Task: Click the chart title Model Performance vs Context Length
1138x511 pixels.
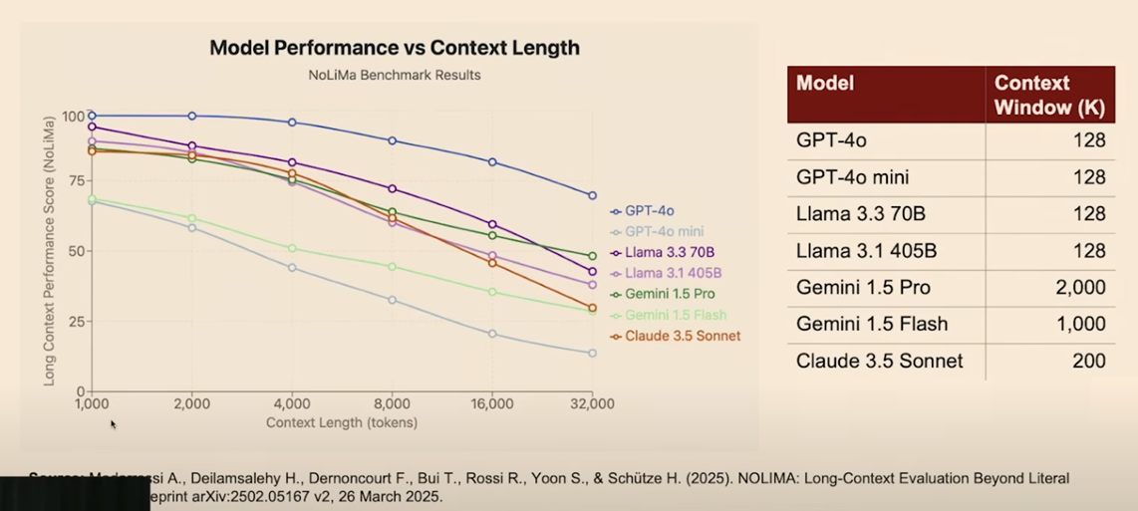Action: [x=394, y=48]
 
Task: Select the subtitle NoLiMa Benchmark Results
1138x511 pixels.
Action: [x=394, y=75]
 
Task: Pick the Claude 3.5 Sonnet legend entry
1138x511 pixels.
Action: [x=682, y=336]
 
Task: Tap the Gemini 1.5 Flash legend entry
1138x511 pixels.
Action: [x=674, y=315]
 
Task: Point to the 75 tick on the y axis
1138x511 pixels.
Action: [x=73, y=183]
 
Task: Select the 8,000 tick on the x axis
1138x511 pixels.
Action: [x=392, y=404]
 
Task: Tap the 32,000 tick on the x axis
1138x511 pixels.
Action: [x=592, y=404]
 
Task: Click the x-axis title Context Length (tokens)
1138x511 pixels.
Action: [x=342, y=422]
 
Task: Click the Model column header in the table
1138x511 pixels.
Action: [x=825, y=84]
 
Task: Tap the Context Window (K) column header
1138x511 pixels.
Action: [x=1049, y=96]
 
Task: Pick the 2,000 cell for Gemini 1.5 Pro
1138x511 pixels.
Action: [x=1075, y=288]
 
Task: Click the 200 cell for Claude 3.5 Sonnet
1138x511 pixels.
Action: [x=1088, y=361]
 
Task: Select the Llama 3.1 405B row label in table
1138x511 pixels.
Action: [x=866, y=251]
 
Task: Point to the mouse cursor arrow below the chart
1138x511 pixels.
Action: [x=113, y=423]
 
